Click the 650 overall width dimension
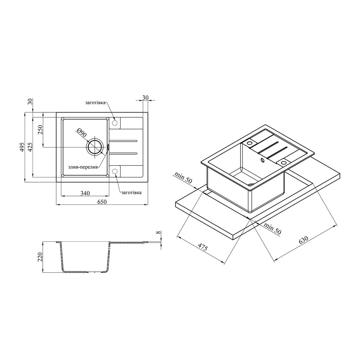(x=102, y=202)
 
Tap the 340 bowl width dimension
(x=85, y=193)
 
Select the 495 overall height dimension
(x=22, y=147)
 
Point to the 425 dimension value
(x=30, y=147)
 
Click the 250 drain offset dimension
(x=40, y=130)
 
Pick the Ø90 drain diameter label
(x=82, y=133)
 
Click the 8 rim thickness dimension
(x=158, y=233)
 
